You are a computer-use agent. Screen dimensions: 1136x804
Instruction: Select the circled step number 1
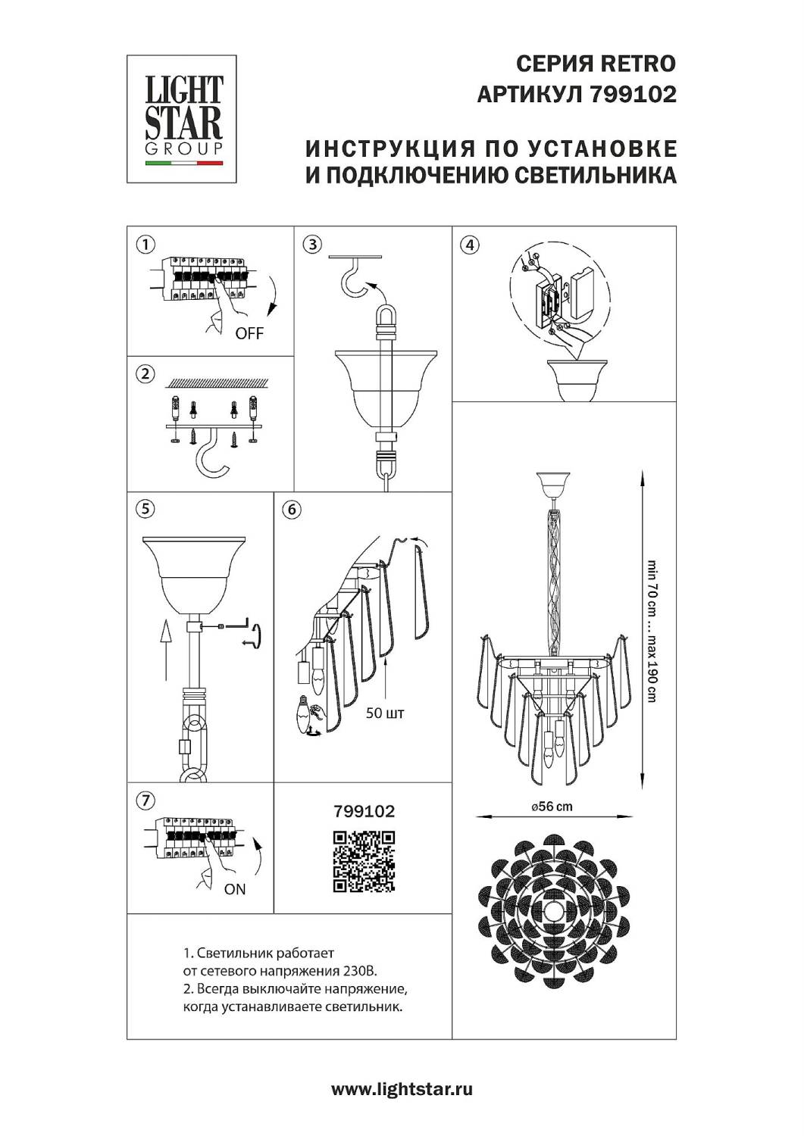pos(145,245)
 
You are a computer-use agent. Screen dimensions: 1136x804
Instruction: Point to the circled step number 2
pos(145,373)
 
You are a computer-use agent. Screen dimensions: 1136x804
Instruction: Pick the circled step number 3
pos(312,245)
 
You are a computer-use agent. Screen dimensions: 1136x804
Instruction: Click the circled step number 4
pos(471,245)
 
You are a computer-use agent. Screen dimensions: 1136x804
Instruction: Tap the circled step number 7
pos(145,801)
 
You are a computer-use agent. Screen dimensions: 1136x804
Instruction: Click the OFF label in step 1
pos(249,333)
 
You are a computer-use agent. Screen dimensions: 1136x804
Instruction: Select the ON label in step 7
pos(235,889)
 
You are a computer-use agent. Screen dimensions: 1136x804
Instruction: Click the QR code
pos(364,861)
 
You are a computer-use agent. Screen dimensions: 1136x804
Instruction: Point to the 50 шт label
pos(385,713)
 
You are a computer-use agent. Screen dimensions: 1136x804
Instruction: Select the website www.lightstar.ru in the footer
pos(402,1090)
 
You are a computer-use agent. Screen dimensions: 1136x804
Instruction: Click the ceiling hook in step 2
pos(212,457)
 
